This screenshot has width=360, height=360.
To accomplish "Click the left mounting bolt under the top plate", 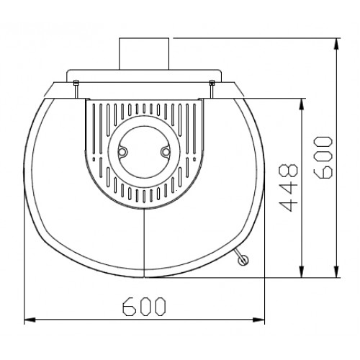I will (x=76, y=88).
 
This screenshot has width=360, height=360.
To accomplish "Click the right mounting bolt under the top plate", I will (x=211, y=88).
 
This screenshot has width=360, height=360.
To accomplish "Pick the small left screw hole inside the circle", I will (x=123, y=153).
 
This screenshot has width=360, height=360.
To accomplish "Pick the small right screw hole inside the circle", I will (x=165, y=153).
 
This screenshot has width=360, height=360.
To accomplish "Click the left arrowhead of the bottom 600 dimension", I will (x=29, y=320).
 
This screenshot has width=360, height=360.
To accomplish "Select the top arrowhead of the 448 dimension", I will (x=300, y=101).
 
